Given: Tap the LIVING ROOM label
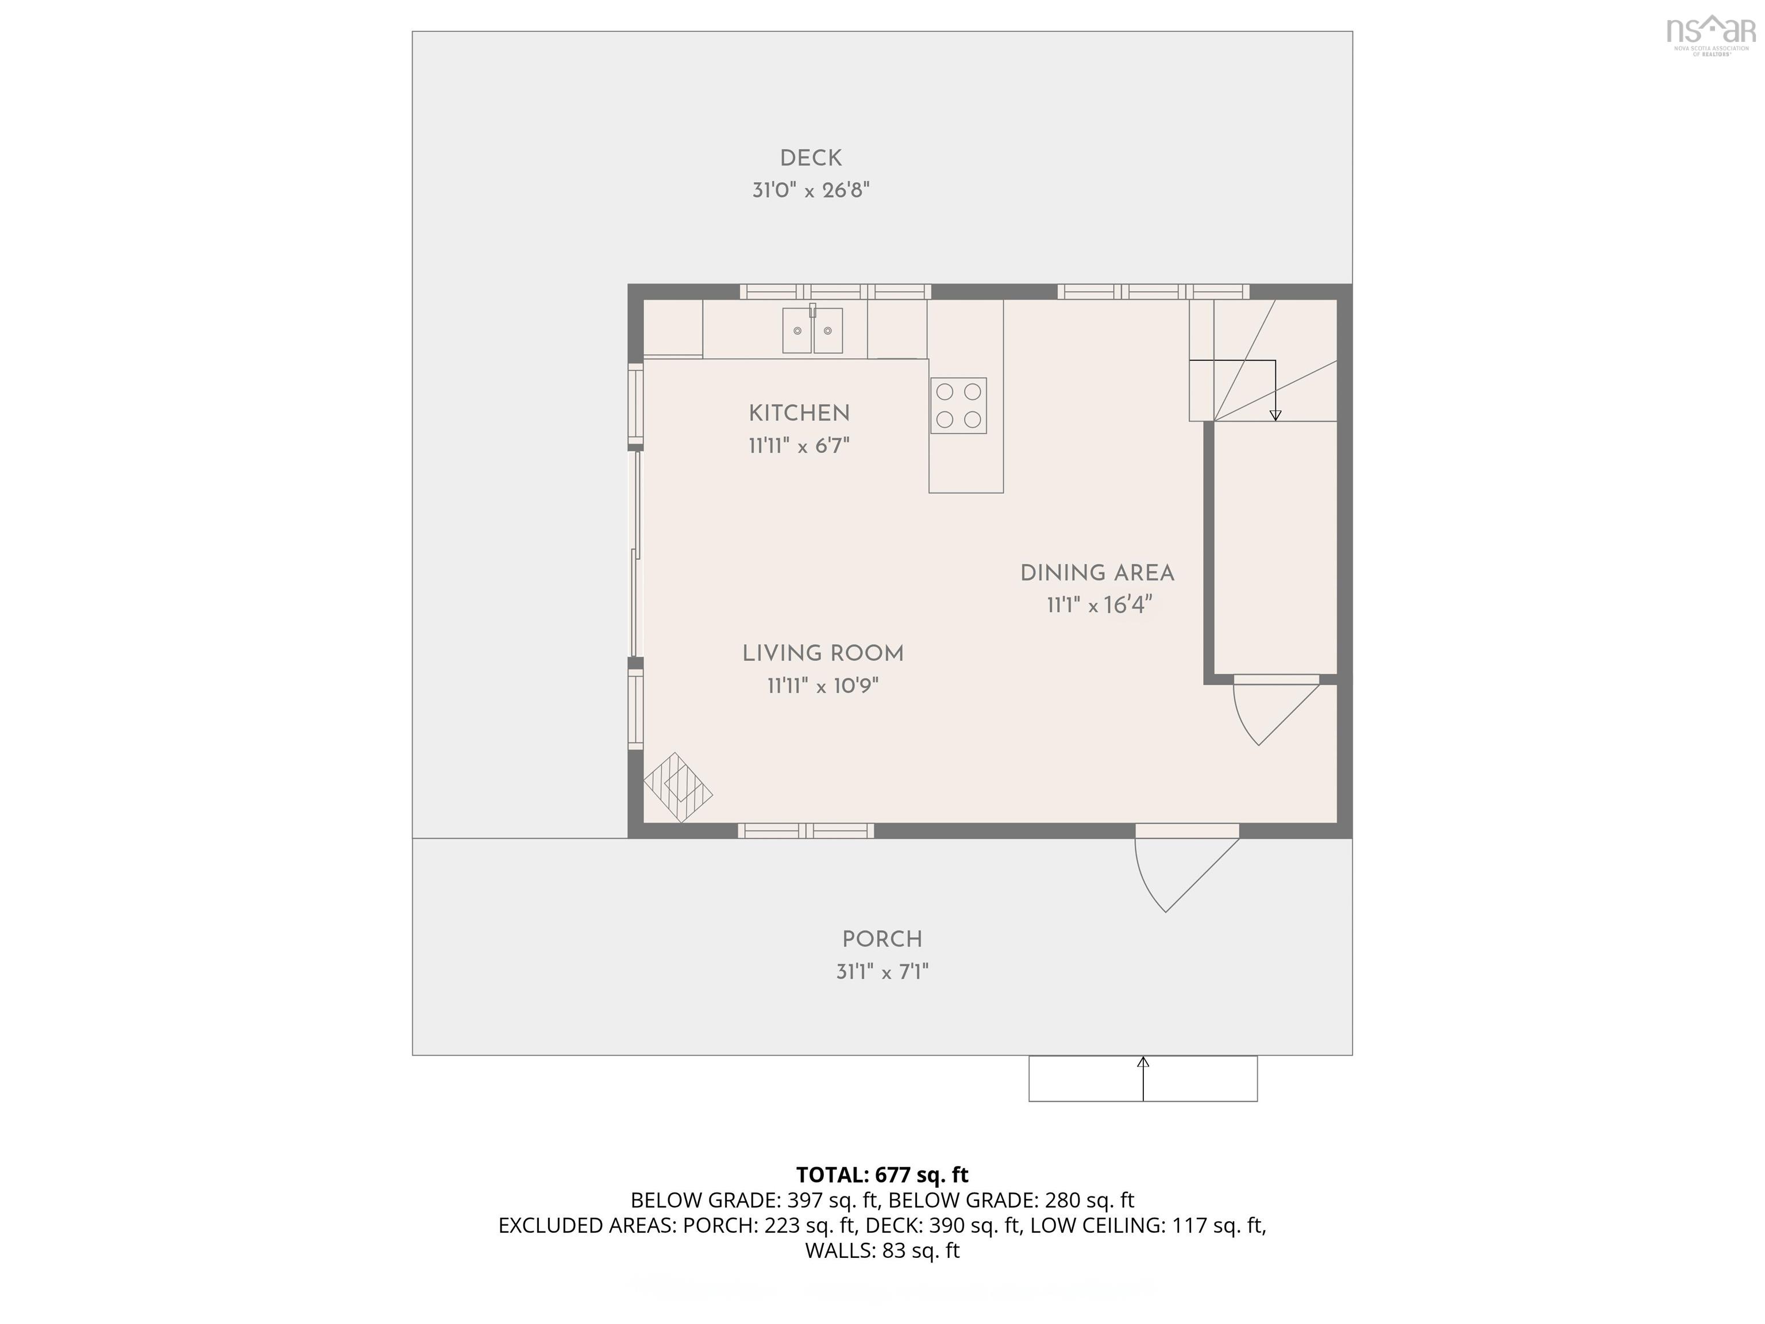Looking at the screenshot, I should (823, 653).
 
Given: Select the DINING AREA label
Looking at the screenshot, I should (1097, 573).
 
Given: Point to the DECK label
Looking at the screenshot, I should (811, 158).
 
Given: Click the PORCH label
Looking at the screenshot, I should (882, 940).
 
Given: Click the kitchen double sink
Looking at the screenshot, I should (812, 330).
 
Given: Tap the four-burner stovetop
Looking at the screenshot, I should (958, 406).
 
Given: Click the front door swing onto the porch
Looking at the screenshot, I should (1181, 870).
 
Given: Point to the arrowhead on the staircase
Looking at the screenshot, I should (1275, 415).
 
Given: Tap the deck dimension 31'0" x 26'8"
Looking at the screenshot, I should (811, 191).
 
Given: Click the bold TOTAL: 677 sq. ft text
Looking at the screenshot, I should (882, 1175).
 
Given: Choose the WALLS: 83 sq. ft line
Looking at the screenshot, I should (882, 1250).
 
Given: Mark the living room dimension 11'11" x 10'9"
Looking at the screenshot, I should (823, 686).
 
